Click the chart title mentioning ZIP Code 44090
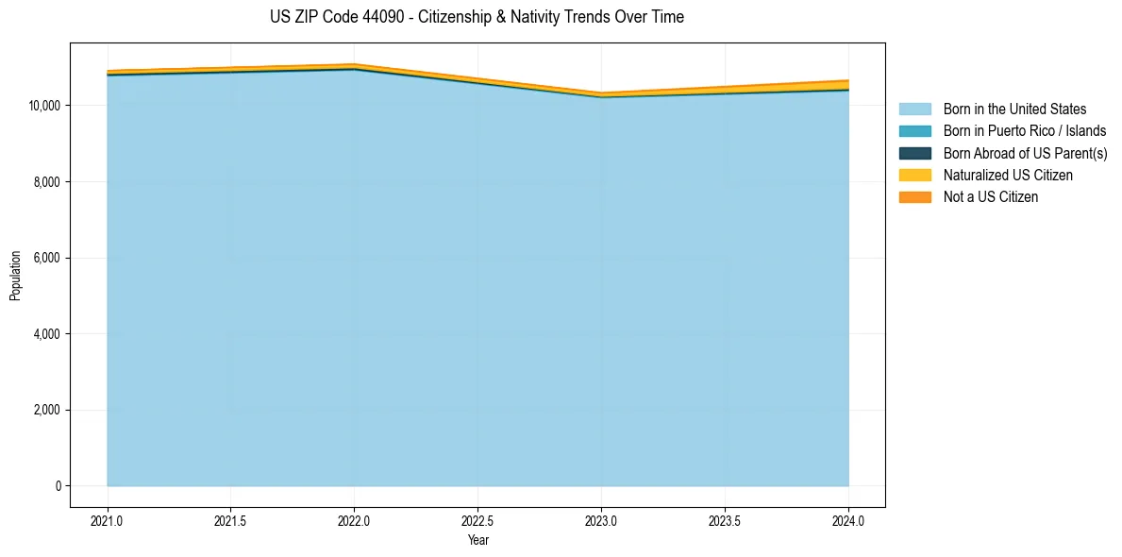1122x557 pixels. click(477, 17)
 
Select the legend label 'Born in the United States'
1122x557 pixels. click(1014, 110)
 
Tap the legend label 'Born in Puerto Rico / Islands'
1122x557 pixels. click(1025, 131)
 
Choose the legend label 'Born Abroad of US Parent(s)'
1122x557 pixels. click(1025, 153)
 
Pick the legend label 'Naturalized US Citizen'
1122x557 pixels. click(1008, 176)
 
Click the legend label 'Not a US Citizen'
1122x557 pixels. click(991, 197)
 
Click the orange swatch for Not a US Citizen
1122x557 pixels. click(914, 197)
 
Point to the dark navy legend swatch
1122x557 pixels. click(914, 153)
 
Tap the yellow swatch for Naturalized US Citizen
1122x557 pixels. click(914, 176)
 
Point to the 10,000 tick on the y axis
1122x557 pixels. click(46, 105)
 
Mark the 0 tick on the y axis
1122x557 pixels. click(58, 486)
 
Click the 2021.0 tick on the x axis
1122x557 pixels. click(108, 520)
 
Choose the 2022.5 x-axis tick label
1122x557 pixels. click(478, 520)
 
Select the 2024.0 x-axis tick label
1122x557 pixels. click(848, 520)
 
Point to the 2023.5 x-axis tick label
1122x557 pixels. click(725, 520)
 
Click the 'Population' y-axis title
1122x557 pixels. click(15, 276)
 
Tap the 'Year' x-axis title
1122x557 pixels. click(478, 540)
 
